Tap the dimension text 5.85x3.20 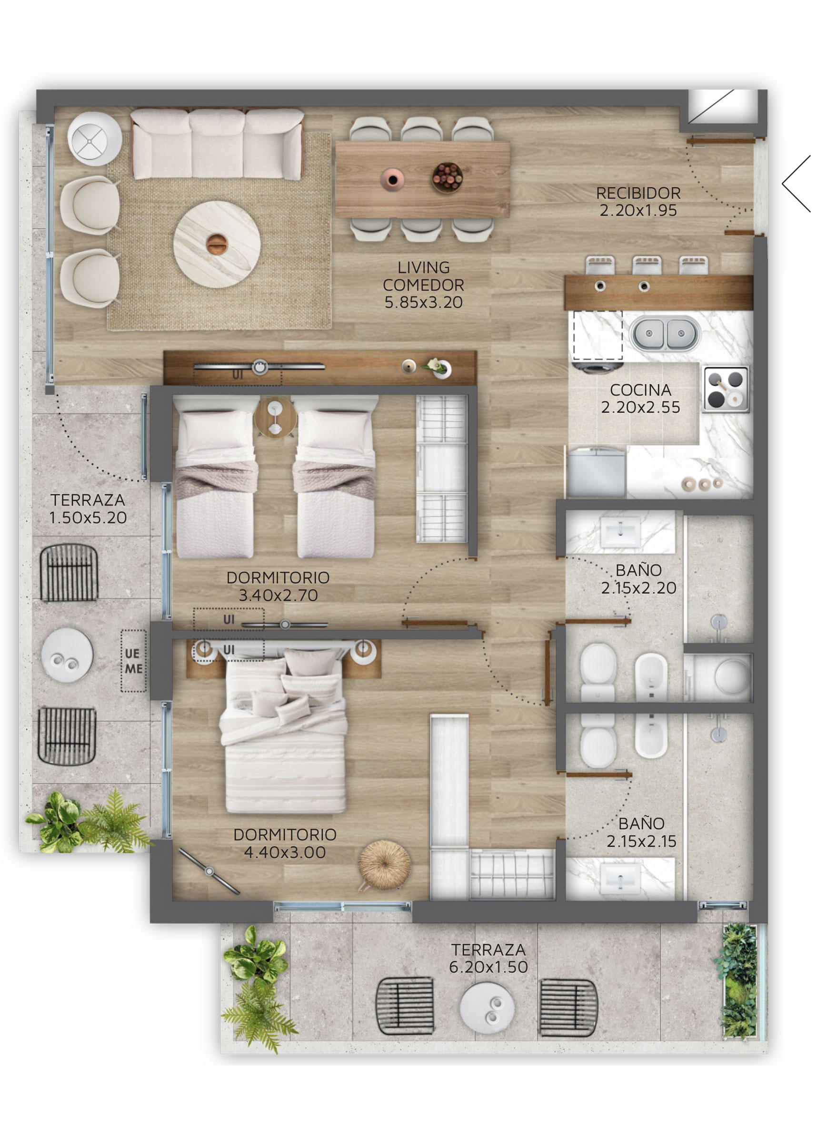tap(423, 302)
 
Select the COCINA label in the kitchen tap(640, 390)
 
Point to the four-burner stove tap(726, 390)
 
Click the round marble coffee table tap(217, 244)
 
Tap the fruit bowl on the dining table tap(447, 177)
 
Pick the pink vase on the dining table tap(392, 179)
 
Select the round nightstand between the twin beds tap(276, 417)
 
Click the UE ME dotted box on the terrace tap(133, 661)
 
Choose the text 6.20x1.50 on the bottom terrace tap(488, 967)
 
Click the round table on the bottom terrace tap(487, 1008)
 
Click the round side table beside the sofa tap(94, 138)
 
